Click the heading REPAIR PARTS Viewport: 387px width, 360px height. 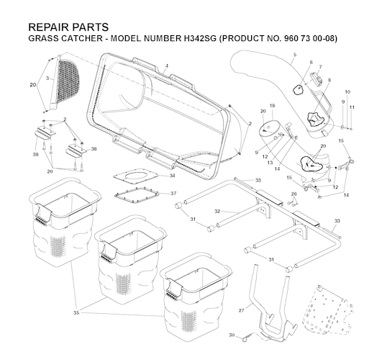[68, 27]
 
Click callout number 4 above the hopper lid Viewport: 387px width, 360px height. [167, 66]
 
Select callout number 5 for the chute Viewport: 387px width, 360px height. [295, 55]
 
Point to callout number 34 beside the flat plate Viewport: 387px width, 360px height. [172, 176]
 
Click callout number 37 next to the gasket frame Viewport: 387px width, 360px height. [173, 193]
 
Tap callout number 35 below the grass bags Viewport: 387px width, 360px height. [76, 312]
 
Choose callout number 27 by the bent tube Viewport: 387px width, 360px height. [242, 310]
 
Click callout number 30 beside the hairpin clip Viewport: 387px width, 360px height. [232, 335]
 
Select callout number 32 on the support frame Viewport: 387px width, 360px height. [217, 211]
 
